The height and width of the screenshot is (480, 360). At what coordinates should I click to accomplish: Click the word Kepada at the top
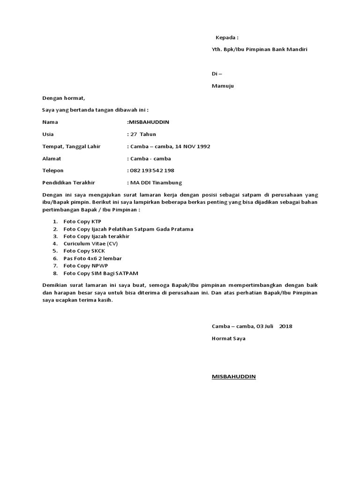[x=226, y=37]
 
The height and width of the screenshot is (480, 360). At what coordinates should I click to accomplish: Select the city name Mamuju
[x=223, y=86]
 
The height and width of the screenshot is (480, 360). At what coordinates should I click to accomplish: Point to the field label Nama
[x=50, y=122]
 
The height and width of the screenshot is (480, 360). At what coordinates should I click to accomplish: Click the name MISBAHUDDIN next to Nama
[x=149, y=122]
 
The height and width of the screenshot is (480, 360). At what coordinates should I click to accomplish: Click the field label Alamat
[x=52, y=159]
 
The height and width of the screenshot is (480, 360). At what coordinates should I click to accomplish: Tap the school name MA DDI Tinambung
[x=156, y=183]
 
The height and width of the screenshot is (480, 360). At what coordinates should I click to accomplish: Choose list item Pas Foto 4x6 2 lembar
[x=92, y=258]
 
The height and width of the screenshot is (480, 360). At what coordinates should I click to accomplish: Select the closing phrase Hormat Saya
[x=228, y=338]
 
